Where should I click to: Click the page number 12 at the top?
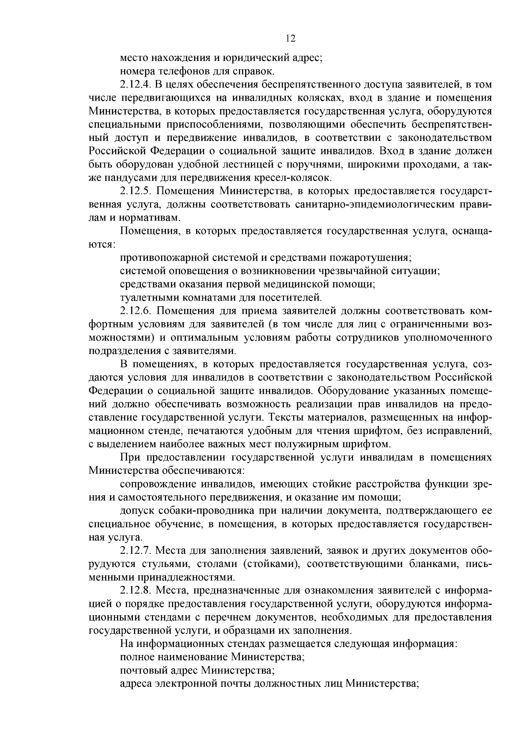coord(290,38)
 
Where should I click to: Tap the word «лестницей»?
coord(224,164)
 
